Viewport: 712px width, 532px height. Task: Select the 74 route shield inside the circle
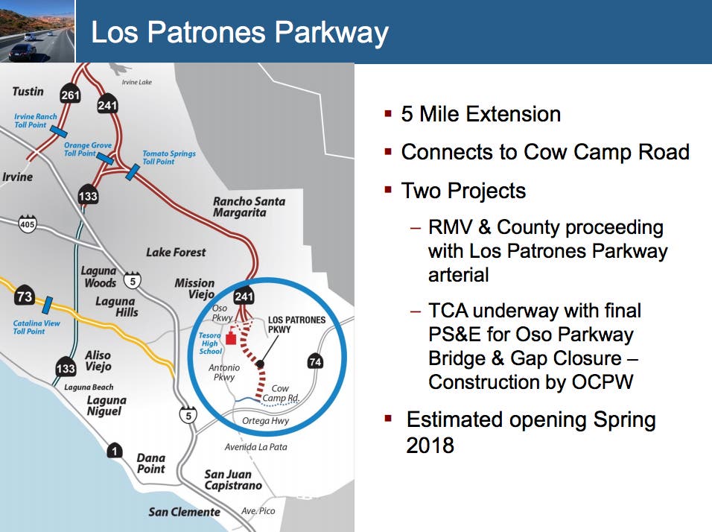(x=315, y=361)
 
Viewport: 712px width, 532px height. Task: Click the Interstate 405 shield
(x=28, y=223)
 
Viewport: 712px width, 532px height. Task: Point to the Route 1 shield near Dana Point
(x=115, y=450)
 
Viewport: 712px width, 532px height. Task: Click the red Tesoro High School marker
(x=231, y=338)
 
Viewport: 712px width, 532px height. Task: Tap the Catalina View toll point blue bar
(x=47, y=305)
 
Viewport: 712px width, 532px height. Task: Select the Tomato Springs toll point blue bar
(x=132, y=172)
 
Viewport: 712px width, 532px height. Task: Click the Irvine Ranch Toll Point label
(x=36, y=121)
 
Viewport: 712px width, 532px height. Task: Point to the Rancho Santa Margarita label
(x=249, y=206)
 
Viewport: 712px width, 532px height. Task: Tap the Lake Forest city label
(x=176, y=252)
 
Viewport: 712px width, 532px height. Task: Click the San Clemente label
(x=185, y=512)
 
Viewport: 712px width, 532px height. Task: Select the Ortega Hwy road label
(x=266, y=421)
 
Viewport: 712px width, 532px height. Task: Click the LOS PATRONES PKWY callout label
(x=296, y=324)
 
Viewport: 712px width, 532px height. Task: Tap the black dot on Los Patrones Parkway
(x=260, y=364)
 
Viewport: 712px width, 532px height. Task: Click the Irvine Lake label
(x=137, y=82)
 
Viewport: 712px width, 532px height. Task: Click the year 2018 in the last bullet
(x=430, y=446)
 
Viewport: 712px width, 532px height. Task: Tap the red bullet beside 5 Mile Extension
(x=388, y=113)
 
